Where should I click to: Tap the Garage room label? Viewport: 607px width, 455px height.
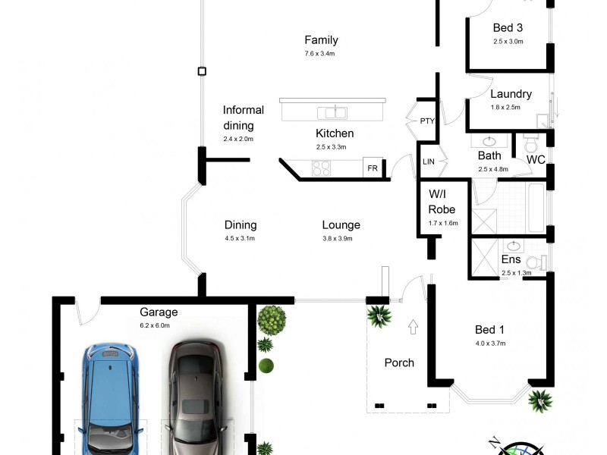tap(159, 312)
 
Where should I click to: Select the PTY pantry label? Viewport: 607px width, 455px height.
tap(426, 121)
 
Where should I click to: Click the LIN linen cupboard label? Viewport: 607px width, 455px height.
tap(428, 162)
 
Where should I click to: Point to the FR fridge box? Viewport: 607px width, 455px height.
tap(373, 168)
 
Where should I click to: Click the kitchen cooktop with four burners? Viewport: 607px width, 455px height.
tap(322, 168)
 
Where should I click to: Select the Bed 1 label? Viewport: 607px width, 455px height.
tap(489, 329)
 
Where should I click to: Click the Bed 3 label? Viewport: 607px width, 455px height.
tap(508, 28)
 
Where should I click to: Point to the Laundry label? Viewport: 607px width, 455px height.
tap(511, 95)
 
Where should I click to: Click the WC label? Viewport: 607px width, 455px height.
tap(536, 159)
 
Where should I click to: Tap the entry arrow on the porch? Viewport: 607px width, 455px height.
tap(413, 328)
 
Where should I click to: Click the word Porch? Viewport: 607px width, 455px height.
tap(399, 362)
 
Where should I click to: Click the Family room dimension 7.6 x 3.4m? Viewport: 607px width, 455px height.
tap(321, 54)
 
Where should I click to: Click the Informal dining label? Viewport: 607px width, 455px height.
tap(244, 118)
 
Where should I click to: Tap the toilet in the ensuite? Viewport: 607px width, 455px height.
tap(536, 262)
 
